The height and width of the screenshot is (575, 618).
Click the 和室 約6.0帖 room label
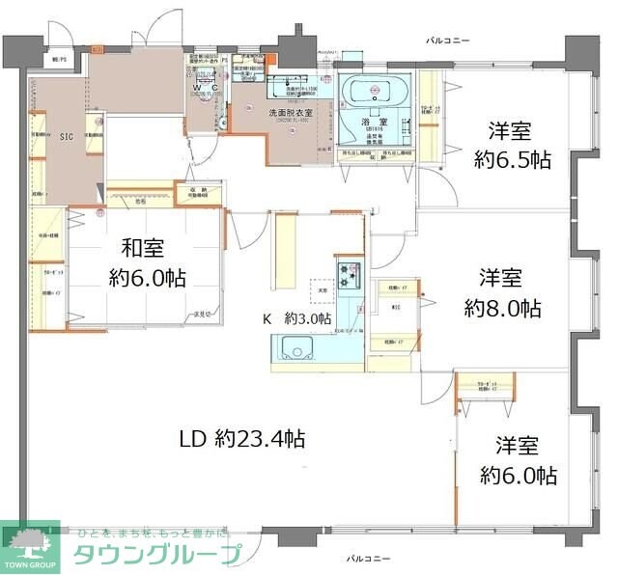click(147, 263)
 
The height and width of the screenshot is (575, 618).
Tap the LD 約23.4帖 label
click(242, 439)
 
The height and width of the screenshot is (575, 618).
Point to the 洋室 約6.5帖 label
click(511, 146)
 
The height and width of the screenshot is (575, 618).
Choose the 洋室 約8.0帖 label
click(501, 294)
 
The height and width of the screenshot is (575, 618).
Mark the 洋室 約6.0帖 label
click(518, 460)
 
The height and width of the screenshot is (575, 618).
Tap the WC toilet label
click(212, 87)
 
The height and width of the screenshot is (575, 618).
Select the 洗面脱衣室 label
click(287, 113)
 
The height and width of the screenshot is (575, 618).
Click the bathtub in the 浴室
click(376, 92)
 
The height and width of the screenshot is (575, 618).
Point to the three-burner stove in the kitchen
click(349, 274)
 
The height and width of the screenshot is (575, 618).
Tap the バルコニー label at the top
click(448, 41)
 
